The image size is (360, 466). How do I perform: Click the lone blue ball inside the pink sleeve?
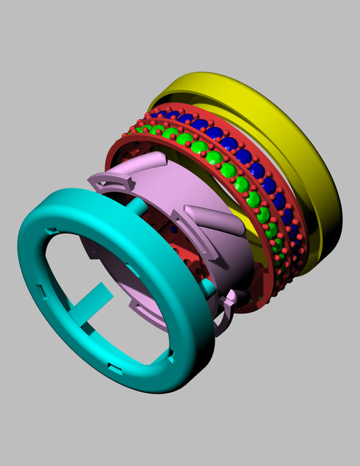(x=174, y=230)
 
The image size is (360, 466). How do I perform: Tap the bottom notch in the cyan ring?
(x=115, y=369)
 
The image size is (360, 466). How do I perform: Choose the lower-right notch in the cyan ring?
(x=174, y=358)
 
